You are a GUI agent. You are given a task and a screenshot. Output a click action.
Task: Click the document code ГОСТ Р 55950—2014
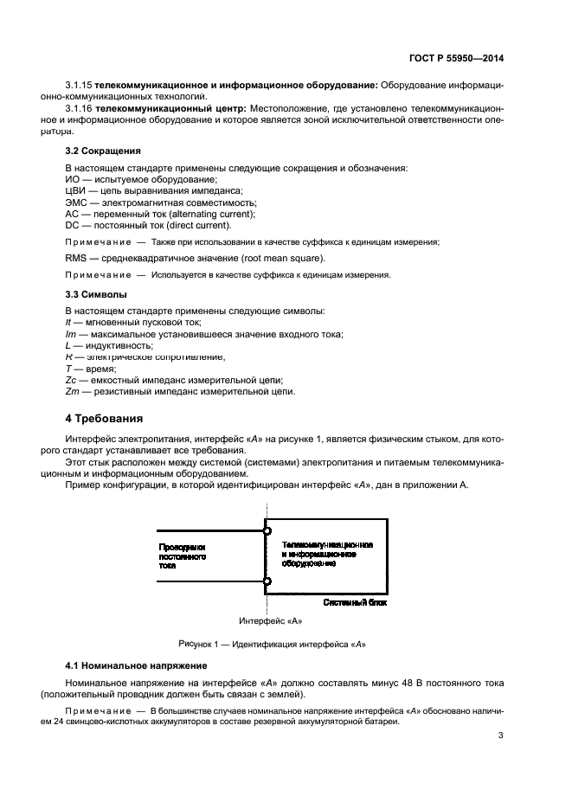tap(457, 58)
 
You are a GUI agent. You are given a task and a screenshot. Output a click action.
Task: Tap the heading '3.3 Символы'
tap(92, 294)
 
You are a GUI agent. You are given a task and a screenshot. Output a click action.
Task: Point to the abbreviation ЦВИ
tap(76, 190)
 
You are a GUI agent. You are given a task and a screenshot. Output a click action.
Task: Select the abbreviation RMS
tap(76, 258)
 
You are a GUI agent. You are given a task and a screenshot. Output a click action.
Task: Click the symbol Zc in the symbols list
tap(72, 380)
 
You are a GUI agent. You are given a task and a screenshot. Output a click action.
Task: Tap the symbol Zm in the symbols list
tap(73, 391)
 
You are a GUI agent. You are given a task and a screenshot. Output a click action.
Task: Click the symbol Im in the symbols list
tap(71, 334)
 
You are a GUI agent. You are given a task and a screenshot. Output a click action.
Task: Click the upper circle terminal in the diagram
tap(268, 531)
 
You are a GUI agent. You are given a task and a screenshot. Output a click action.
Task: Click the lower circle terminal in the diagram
tap(268, 582)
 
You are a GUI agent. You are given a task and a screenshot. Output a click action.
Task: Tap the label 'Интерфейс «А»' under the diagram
tap(269, 620)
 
